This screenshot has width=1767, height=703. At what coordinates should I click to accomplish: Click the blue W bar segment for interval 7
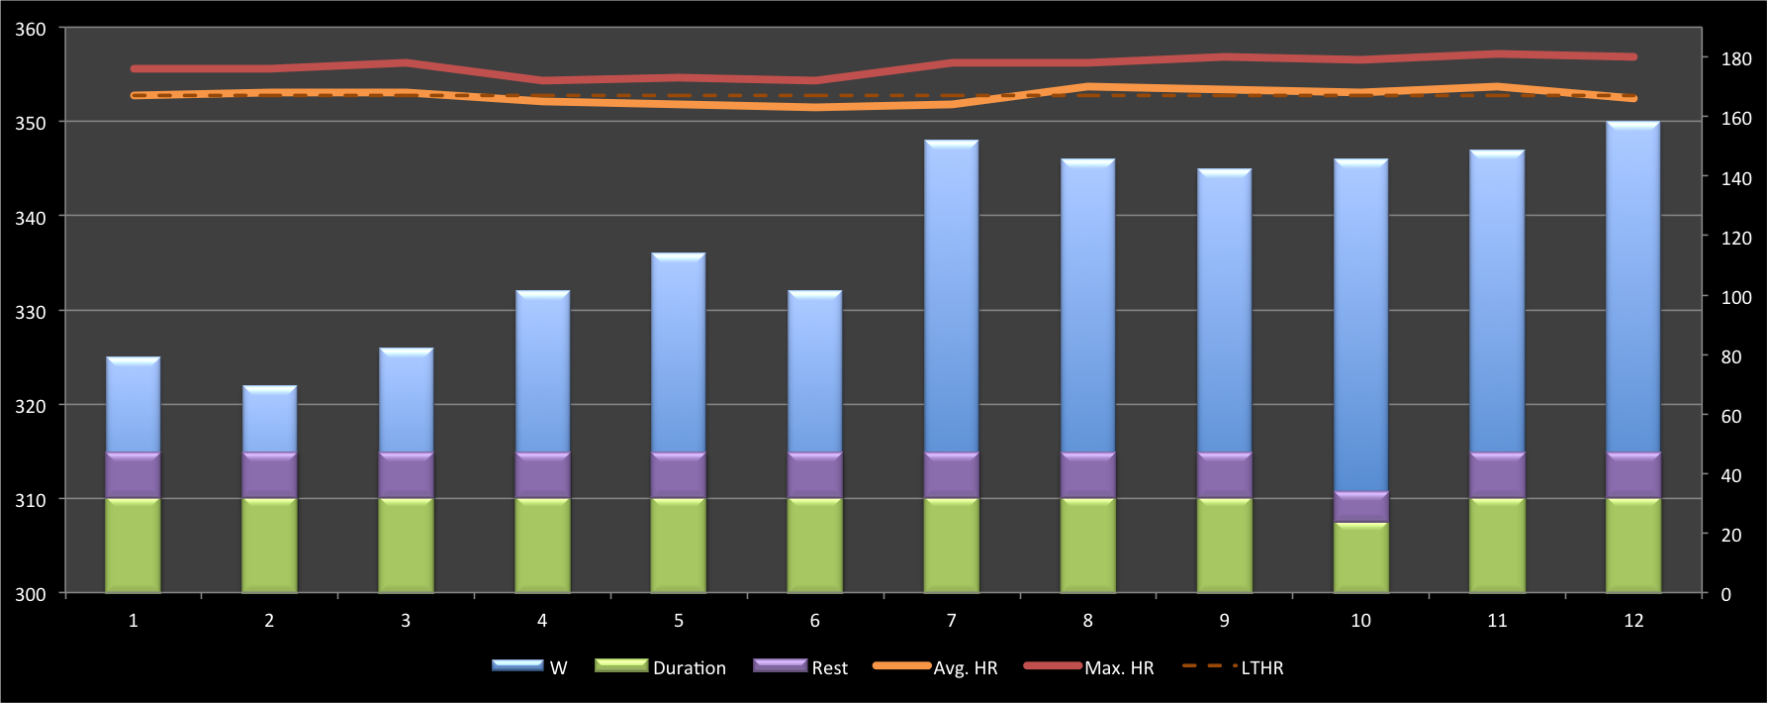[x=951, y=297]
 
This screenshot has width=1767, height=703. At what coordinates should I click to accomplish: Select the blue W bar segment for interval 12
[x=1633, y=287]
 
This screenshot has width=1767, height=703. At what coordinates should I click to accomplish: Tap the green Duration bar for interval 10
[x=1360, y=557]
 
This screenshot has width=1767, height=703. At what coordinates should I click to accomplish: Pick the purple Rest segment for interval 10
[x=1360, y=507]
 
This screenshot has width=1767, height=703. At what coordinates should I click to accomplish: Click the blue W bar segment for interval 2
[x=269, y=420]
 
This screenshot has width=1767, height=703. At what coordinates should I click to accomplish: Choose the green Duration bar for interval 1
[x=133, y=546]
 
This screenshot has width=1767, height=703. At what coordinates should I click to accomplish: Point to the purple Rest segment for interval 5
[x=679, y=475]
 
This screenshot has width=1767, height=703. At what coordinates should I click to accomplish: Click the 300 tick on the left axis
[x=30, y=595]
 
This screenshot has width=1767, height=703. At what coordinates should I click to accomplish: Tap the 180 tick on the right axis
[x=1736, y=59]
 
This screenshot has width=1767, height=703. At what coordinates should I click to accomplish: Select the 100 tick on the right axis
[x=1736, y=297]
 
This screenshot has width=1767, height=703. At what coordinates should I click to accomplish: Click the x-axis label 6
[x=814, y=621]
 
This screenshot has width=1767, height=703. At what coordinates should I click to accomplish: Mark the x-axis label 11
[x=1497, y=621]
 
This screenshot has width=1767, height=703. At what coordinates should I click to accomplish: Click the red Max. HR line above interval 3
[x=406, y=63]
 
